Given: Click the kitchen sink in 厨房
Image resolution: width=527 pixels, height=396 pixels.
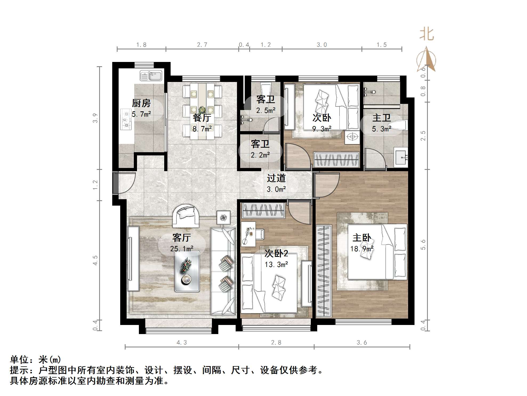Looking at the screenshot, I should click(x=151, y=76).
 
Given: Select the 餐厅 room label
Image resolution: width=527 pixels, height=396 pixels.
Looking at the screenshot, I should click(x=202, y=117).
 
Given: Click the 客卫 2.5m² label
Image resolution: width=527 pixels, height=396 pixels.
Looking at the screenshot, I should click(x=265, y=104).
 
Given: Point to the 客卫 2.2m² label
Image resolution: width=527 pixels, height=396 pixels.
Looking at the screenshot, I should click(x=260, y=149).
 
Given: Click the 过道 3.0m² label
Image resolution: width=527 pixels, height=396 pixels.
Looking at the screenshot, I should click(x=276, y=183).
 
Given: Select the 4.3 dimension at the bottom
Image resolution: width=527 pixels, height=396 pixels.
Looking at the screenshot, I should click(x=182, y=343).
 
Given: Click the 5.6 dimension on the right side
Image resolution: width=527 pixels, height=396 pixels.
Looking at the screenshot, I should click(x=423, y=244).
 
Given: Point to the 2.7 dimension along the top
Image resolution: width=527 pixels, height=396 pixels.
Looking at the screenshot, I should click(x=202, y=45).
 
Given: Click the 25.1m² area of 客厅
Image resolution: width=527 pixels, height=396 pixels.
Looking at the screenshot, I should click(x=182, y=249).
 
